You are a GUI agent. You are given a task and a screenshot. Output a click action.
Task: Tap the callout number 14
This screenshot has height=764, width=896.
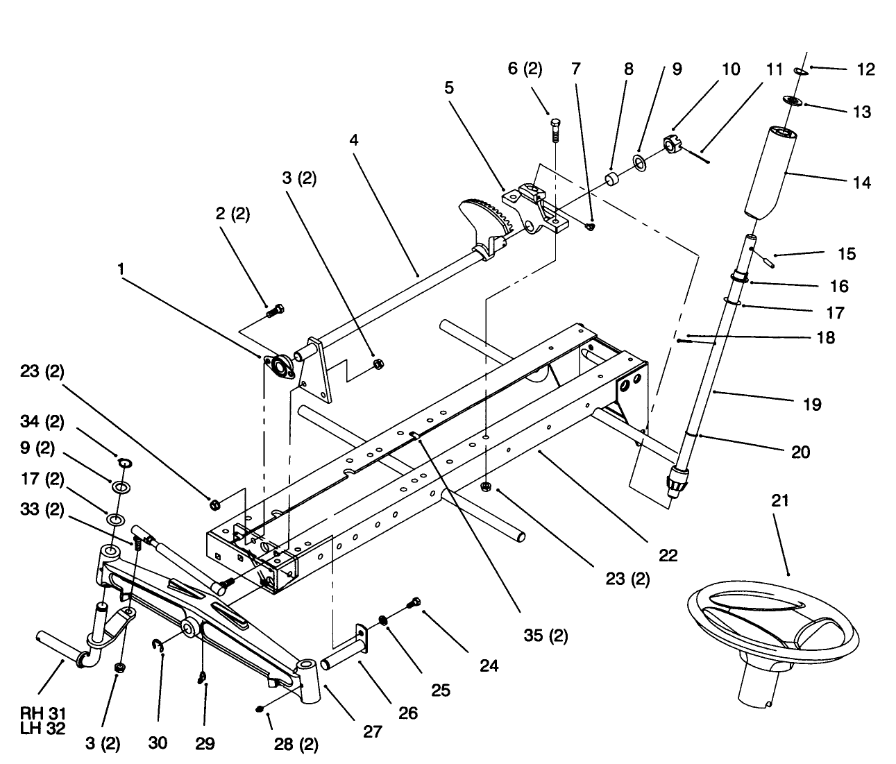click(861, 182)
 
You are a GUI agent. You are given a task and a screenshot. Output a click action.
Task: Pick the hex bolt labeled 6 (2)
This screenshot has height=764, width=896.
click(554, 128)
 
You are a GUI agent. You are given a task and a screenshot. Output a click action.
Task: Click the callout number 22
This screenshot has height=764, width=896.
click(668, 555)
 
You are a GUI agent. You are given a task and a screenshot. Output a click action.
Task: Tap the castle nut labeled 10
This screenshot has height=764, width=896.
click(670, 145)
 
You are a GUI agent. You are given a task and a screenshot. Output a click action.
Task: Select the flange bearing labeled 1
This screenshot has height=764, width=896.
click(282, 366)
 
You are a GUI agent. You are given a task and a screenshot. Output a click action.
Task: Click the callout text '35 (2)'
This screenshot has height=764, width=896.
click(545, 635)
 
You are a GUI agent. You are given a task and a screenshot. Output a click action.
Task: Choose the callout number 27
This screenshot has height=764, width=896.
click(373, 731)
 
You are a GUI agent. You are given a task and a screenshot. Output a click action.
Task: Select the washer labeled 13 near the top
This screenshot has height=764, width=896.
click(793, 101)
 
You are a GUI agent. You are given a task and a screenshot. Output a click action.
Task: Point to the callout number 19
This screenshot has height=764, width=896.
click(811, 404)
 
